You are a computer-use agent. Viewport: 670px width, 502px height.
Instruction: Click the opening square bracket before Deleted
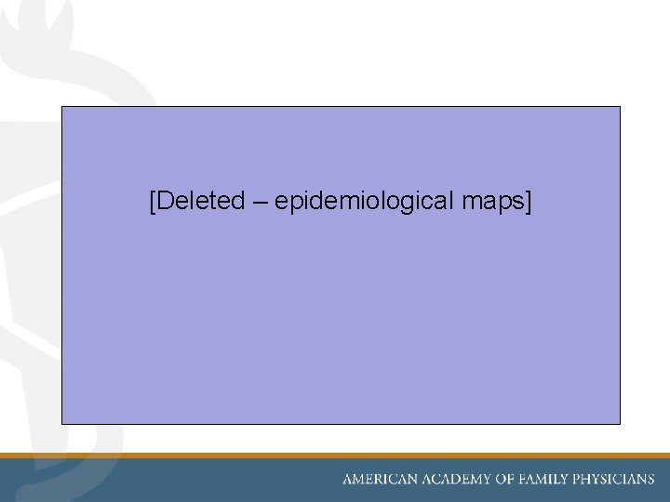click(x=152, y=201)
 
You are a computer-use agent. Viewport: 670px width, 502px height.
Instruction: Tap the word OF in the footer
click(x=503, y=480)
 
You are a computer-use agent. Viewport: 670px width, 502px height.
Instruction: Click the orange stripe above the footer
click(x=335, y=456)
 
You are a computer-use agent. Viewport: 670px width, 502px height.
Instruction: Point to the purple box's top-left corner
click(x=62, y=107)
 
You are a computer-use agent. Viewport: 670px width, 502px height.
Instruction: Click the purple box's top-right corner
click(x=619, y=107)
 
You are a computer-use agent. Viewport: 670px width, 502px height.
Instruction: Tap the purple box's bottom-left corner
click(x=62, y=423)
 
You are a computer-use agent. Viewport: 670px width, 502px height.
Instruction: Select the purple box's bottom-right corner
click(x=619, y=423)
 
